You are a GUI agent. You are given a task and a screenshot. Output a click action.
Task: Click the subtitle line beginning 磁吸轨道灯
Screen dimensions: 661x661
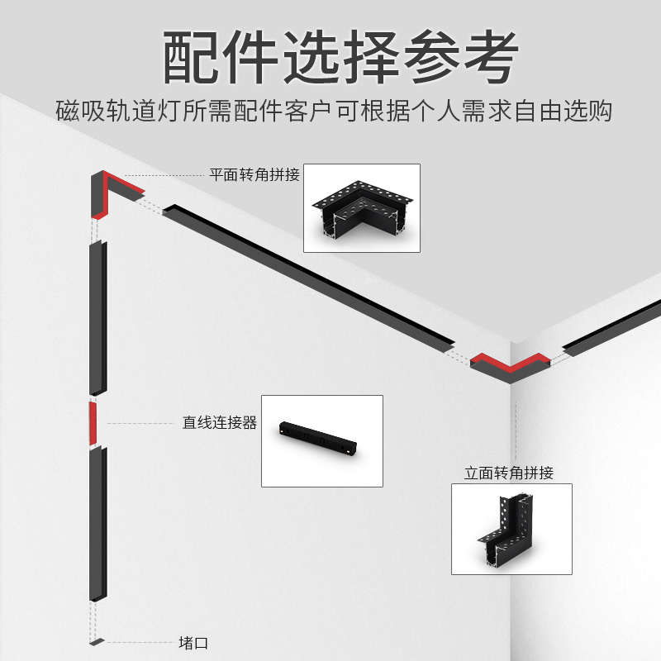330,112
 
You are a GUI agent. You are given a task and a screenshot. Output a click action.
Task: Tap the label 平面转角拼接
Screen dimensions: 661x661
254,175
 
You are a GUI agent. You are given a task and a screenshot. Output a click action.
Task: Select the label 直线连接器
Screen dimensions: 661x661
220,423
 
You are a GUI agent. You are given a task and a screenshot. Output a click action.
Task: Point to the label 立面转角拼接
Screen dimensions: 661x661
509,473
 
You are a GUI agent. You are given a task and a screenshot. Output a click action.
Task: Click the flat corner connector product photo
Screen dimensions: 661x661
362,208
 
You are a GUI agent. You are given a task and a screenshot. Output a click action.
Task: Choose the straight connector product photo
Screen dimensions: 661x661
322,440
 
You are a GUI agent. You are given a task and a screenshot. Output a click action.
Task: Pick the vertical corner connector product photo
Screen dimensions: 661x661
511,529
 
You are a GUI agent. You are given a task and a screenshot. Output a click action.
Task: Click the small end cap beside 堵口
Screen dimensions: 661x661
97,642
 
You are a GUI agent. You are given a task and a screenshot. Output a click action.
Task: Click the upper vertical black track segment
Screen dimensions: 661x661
97,318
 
